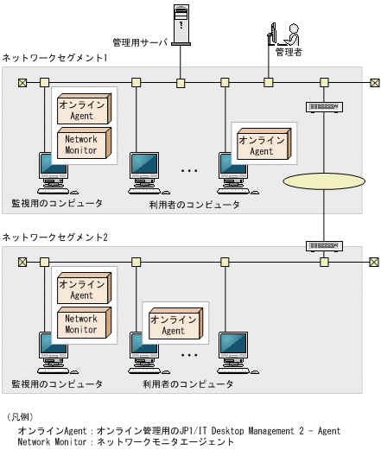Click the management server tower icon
[x=181, y=22]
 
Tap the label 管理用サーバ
[x=142, y=41]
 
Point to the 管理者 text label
[x=288, y=54]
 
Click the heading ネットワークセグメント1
[x=55, y=58]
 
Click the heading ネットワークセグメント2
[x=55, y=237]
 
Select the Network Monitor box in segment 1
[x=82, y=144]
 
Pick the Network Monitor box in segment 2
[x=82, y=324]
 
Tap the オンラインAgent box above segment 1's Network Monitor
[x=82, y=110]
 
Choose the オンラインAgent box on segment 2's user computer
[x=173, y=325]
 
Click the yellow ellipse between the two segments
[x=323, y=183]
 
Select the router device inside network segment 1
[x=324, y=107]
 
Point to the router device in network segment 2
[x=324, y=245]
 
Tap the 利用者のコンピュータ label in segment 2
[x=187, y=383]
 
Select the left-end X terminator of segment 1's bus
[x=22, y=83]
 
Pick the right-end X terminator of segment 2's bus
[x=374, y=262]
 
